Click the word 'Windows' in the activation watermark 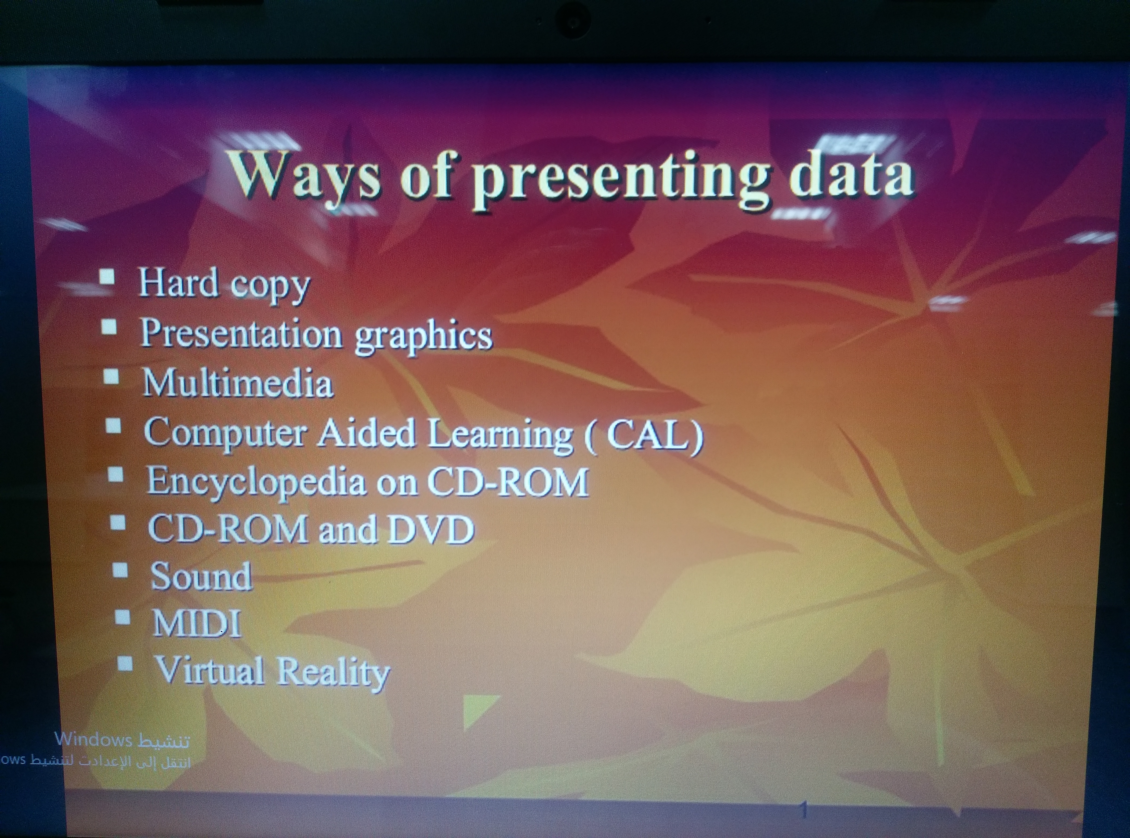click(93, 740)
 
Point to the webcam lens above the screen click(573, 22)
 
